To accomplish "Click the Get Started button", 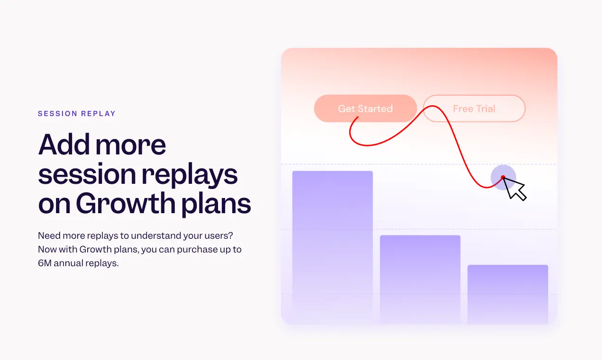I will [x=365, y=108].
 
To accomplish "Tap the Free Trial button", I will [x=474, y=108].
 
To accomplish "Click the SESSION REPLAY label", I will [x=77, y=114].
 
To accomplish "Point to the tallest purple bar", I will [x=332, y=237].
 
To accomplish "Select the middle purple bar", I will [x=420, y=275].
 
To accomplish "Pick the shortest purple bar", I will [x=508, y=291].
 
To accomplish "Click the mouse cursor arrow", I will [x=515, y=189].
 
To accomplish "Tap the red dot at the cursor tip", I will [x=503, y=178].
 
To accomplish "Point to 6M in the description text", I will [x=45, y=263].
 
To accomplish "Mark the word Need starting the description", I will [x=48, y=235].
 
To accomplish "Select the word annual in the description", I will [x=69, y=263].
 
